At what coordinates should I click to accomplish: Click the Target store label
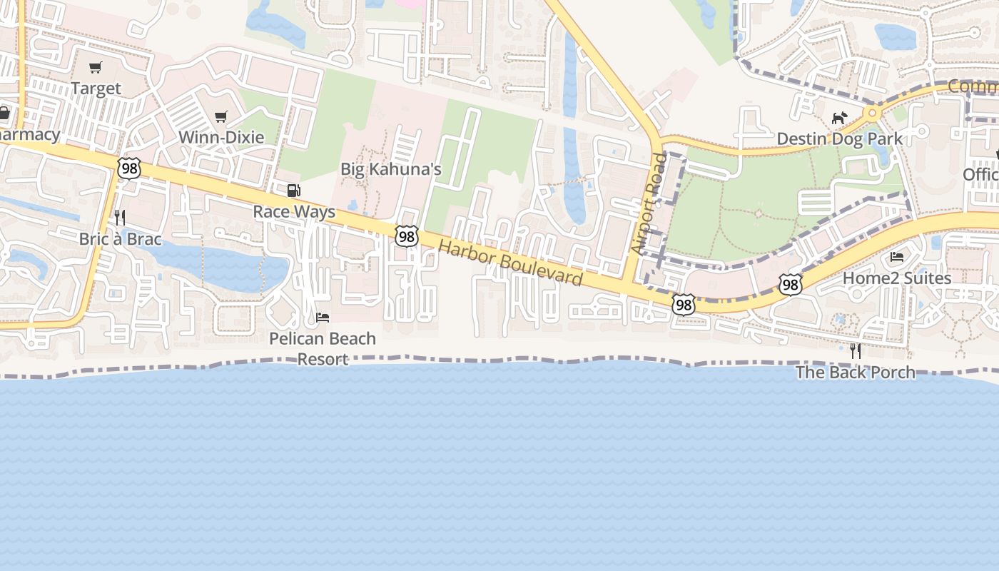[x=96, y=89]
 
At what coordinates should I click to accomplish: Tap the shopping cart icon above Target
[x=96, y=68]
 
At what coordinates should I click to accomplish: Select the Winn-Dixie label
[x=221, y=137]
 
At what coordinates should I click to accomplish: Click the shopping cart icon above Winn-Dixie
[x=221, y=116]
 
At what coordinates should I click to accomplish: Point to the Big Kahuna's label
[x=391, y=169]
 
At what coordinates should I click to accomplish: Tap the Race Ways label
[x=294, y=212]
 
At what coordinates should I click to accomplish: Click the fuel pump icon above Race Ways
[x=293, y=191]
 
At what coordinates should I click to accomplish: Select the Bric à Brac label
[x=121, y=239]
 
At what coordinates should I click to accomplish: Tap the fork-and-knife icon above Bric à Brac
[x=121, y=218]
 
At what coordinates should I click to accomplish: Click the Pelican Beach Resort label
[x=323, y=348]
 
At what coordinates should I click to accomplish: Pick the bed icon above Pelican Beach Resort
[x=323, y=317]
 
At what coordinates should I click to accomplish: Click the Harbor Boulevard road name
[x=510, y=262]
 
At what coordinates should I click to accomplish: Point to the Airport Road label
[x=648, y=204]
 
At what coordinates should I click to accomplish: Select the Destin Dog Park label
[x=840, y=138]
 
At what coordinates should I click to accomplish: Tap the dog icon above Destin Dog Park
[x=840, y=118]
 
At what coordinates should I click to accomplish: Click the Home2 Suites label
[x=897, y=278]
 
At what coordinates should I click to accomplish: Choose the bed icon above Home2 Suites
[x=897, y=257]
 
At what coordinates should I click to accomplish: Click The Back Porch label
[x=855, y=372]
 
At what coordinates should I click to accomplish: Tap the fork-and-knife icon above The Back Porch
[x=855, y=350]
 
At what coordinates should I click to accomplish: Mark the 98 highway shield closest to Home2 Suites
[x=790, y=285]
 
